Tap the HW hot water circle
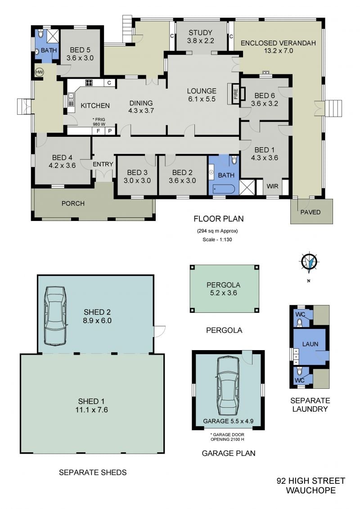[39, 72]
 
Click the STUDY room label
[200, 32]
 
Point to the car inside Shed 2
[55, 316]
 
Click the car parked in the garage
[228, 386]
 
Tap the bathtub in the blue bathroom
[224, 189]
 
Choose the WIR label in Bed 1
[272, 186]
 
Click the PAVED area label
[310, 212]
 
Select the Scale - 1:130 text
[217, 239]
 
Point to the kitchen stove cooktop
[89, 82]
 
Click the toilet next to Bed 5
[40, 34]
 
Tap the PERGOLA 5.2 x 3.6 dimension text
[223, 293]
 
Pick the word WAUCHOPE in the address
[310, 490]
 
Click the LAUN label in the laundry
[310, 344]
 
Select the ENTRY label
[103, 164]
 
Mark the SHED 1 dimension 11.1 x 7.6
[91, 410]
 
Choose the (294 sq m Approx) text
[217, 231]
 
